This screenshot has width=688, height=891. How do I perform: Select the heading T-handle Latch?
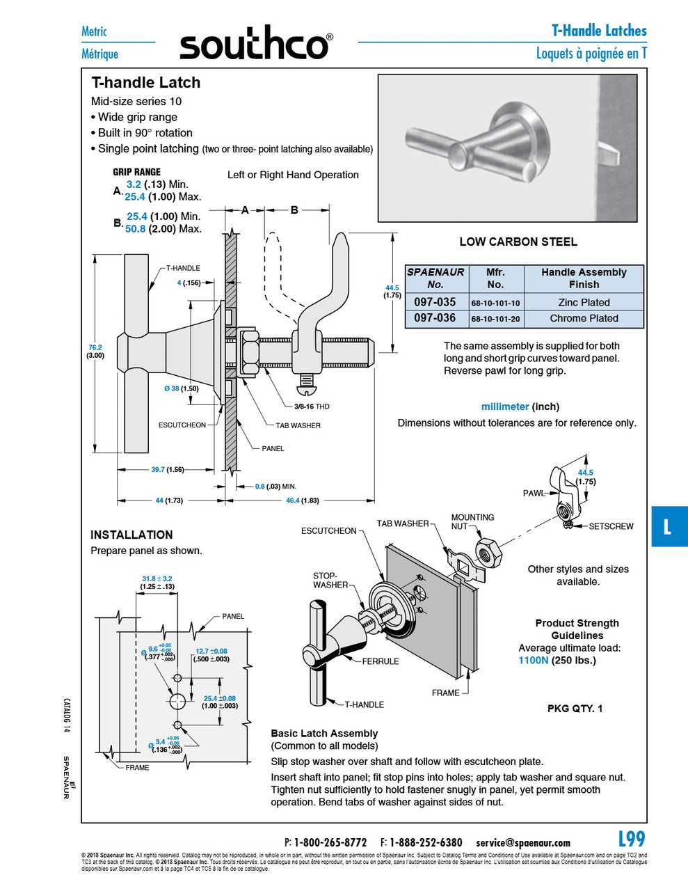(x=146, y=83)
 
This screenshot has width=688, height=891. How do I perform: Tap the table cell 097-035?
(x=435, y=302)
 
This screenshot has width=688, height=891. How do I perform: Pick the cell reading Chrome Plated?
(x=584, y=318)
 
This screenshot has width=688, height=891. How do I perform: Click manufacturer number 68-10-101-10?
(x=495, y=303)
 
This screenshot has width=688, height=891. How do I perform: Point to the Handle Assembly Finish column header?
(x=584, y=278)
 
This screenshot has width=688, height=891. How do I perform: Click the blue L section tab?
(x=668, y=526)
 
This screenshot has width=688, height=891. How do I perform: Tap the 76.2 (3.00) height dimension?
(x=95, y=351)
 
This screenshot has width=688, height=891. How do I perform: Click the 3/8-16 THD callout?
(x=311, y=407)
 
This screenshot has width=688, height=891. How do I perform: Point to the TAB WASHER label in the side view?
(x=298, y=425)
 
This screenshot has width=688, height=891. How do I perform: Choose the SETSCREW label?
(x=611, y=526)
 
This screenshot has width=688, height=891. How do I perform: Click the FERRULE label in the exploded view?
(x=380, y=661)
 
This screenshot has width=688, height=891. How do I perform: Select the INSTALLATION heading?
(x=131, y=535)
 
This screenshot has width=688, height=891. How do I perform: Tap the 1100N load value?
(x=533, y=660)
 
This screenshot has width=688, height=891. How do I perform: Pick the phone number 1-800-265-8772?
(x=330, y=842)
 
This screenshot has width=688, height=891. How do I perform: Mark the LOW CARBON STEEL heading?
(x=518, y=242)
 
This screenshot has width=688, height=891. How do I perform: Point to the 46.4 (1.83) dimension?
(x=302, y=500)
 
